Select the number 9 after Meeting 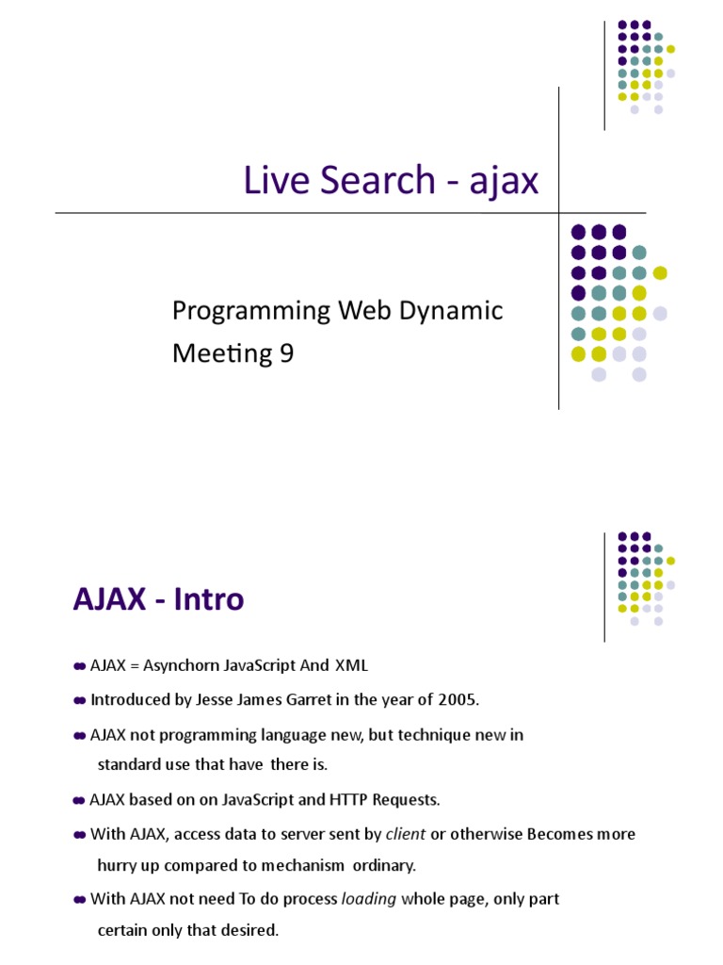pos(285,353)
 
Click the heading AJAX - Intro pos(158,598)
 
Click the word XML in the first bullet pos(349,666)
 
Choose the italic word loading pos(369,899)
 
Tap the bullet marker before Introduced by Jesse pos(79,700)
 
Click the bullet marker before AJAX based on pos(79,800)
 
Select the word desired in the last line pos(248,931)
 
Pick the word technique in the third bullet pos(392,734)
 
